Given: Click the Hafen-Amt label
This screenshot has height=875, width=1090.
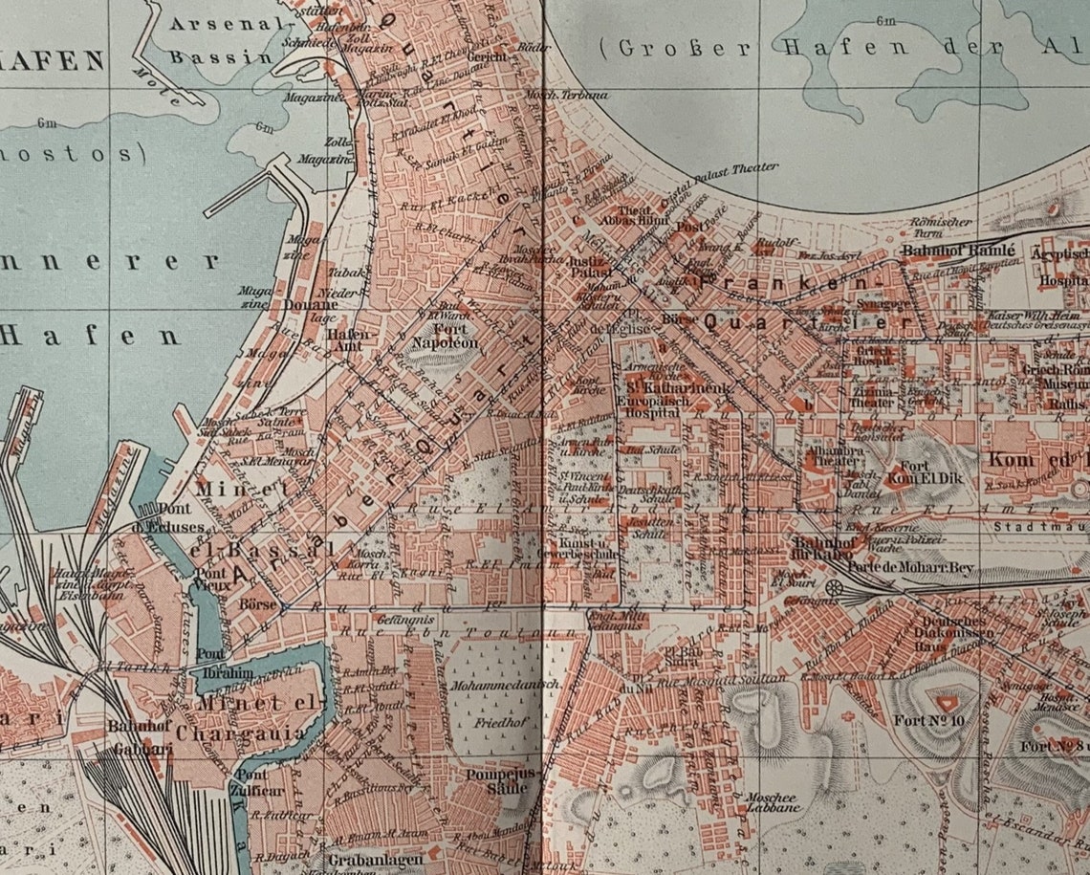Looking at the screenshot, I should point(347,341).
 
